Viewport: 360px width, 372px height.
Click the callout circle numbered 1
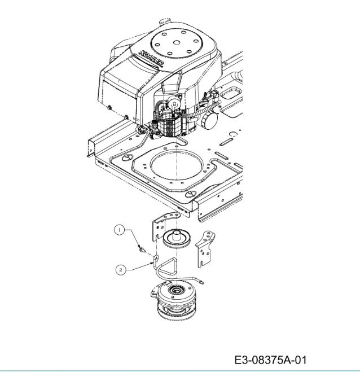(x=119, y=230)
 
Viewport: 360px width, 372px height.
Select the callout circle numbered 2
(x=121, y=270)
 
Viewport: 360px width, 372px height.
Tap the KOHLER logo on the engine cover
(x=152, y=58)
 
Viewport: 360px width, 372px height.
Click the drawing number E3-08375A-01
(x=270, y=360)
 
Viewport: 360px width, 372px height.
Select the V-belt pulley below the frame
(x=177, y=239)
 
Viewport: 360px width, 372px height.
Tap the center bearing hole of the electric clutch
(x=175, y=290)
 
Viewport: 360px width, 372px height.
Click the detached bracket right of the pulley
(x=205, y=248)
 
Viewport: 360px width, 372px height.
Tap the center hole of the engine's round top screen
(x=175, y=43)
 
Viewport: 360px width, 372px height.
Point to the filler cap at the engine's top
(x=165, y=21)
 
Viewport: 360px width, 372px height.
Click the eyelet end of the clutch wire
(x=201, y=282)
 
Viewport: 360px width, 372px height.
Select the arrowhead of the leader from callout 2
(x=153, y=263)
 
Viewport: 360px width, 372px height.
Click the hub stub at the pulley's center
(x=177, y=234)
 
